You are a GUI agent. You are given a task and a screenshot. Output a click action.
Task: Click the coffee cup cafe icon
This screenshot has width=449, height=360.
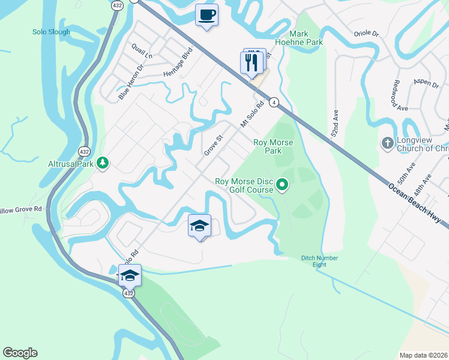click(x=206, y=15)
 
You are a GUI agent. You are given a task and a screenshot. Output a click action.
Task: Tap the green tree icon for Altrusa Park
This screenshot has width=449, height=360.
click(x=103, y=163)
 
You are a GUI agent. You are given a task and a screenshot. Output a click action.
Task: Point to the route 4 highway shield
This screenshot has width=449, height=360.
click(x=273, y=103)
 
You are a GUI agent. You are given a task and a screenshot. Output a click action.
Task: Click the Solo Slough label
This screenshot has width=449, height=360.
click(x=51, y=32)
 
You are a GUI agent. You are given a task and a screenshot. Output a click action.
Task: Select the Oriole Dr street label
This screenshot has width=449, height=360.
click(x=366, y=34)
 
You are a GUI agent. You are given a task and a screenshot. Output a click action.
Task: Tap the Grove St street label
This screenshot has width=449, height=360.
click(x=213, y=145)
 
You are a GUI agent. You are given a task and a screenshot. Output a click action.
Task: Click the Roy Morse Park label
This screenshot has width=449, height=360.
click(x=268, y=146)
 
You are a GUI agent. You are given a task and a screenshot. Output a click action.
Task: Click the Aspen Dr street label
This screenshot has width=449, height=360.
click(x=426, y=85)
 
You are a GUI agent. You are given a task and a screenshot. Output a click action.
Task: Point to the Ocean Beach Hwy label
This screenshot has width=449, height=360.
click(x=417, y=203)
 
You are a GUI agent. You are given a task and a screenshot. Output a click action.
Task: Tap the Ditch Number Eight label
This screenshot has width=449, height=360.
click(x=319, y=261)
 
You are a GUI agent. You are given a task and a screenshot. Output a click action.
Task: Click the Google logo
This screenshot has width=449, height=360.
click(x=20, y=353)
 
